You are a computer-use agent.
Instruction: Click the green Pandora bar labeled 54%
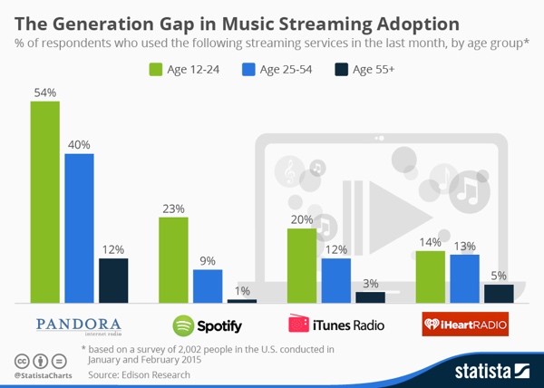point(44,201)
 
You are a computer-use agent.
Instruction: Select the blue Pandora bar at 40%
point(79,228)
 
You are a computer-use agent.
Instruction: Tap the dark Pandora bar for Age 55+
point(113,280)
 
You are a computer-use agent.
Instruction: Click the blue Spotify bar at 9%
point(207,286)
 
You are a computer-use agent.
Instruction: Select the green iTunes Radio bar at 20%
point(301,265)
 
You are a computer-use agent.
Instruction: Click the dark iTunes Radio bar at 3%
point(370,296)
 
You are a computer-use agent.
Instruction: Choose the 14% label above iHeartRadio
point(429,242)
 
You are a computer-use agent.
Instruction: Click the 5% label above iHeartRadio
point(499,275)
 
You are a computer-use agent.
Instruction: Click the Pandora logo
point(79,325)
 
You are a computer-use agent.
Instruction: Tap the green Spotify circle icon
point(183,325)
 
